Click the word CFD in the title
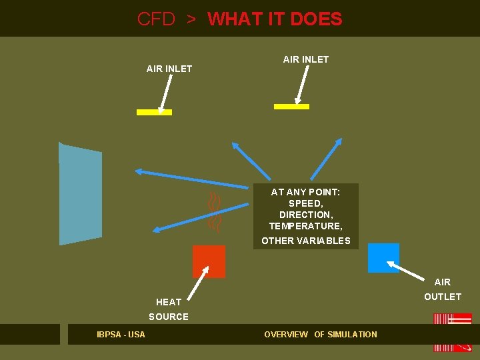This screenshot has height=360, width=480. (x=156, y=19)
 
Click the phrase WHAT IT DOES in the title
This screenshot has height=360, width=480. (x=275, y=19)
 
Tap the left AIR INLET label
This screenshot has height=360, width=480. (x=169, y=69)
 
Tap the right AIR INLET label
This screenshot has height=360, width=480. (x=306, y=59)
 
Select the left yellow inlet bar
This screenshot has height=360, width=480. (x=154, y=112)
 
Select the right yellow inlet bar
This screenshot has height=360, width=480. (x=292, y=106)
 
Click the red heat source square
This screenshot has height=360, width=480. (x=209, y=261)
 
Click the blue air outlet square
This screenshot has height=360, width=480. (x=383, y=258)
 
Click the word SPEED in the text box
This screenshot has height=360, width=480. (x=305, y=203)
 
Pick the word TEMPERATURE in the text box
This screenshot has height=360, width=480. (x=305, y=226)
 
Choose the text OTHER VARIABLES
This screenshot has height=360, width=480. (x=305, y=241)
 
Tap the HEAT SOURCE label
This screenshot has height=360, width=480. (x=169, y=309)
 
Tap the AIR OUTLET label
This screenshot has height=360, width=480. (x=443, y=289)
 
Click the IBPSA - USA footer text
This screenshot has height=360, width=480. (x=121, y=334)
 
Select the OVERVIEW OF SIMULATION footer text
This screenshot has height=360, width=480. (x=321, y=334)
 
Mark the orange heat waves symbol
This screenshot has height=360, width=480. (x=214, y=211)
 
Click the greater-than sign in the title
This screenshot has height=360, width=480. (x=191, y=19)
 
